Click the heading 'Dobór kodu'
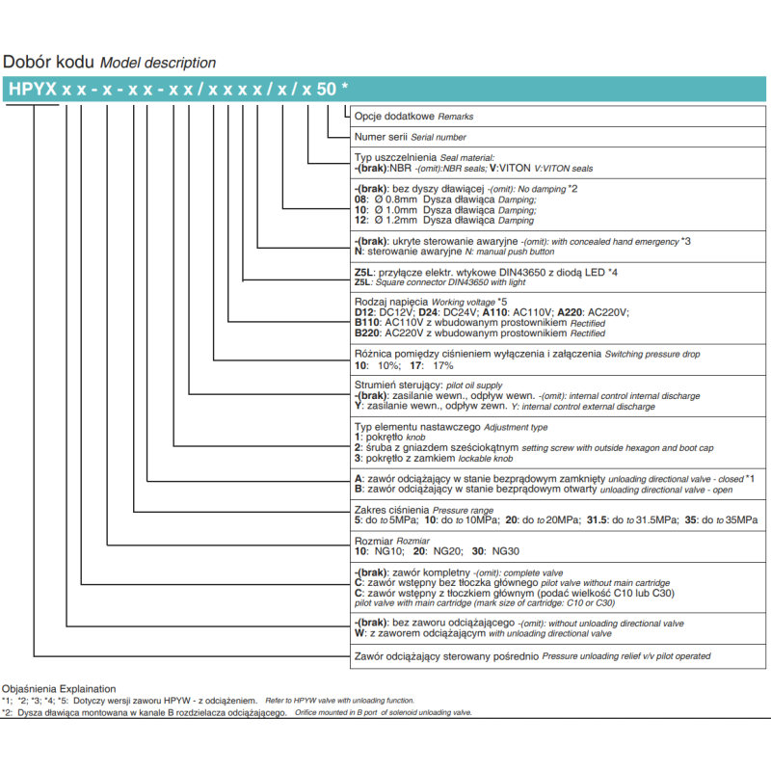coord(49,62)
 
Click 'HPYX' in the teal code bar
coord(32,89)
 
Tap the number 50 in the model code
coord(328,89)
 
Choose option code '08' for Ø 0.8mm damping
coord(361,199)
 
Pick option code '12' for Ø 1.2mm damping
coord(361,221)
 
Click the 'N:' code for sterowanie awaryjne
coord(359,251)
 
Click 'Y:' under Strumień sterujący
coord(359,407)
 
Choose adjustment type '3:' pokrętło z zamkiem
coord(359,459)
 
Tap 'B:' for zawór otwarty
coord(359,490)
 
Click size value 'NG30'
coord(506,552)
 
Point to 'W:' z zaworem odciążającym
coord(359,634)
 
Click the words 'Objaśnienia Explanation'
coord(59,689)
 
